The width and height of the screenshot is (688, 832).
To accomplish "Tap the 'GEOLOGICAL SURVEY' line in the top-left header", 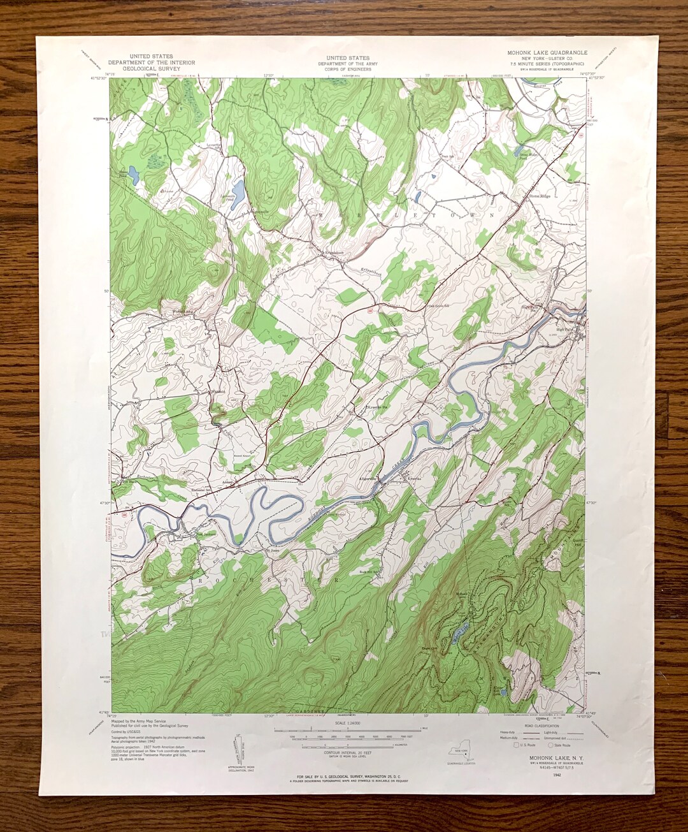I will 151,68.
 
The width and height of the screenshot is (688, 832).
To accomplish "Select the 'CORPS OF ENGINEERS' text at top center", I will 348,69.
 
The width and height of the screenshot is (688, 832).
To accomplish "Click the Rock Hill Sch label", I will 368,572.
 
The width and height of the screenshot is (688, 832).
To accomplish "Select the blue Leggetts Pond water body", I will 238,190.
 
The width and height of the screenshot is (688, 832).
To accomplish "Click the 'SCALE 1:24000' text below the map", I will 348,724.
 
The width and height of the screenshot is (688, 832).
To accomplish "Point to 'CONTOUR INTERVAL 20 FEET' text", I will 348,753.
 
